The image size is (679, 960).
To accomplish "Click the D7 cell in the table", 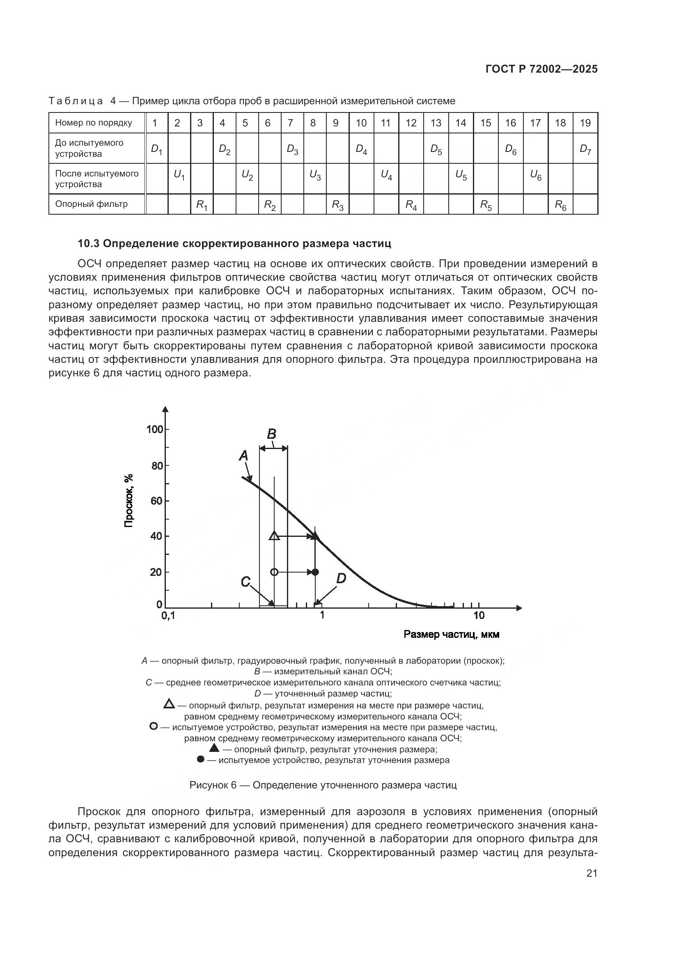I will click(585, 149).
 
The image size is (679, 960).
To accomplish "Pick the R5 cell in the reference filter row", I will click(485, 205).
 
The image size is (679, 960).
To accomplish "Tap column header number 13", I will click(436, 123).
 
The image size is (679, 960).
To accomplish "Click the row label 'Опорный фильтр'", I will click(91, 204).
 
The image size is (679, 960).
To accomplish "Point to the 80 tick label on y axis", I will click(157, 465).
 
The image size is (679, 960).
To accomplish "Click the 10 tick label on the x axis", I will click(479, 615).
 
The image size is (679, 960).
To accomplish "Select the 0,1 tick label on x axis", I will click(168, 616).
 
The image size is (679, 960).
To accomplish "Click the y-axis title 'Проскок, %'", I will click(129, 500).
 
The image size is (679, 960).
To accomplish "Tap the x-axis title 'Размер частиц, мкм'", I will click(451, 635).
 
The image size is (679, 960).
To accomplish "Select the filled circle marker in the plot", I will click(315, 572).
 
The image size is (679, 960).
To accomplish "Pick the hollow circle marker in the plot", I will click(274, 572).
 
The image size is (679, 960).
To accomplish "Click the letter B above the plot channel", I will click(271, 434).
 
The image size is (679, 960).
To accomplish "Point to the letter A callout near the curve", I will click(243, 456).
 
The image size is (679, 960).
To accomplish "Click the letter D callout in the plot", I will click(341, 579).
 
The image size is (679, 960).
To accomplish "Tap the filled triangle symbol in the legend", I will click(214, 748).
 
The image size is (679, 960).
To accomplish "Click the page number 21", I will click(592, 873).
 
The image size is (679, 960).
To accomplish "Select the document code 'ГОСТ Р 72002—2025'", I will click(541, 69).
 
